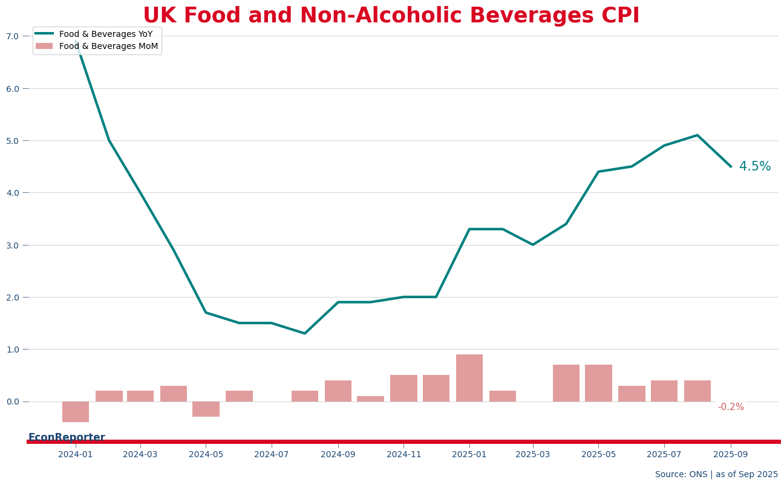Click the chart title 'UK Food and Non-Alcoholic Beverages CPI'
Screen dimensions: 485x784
391,16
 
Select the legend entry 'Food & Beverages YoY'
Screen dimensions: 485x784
106,34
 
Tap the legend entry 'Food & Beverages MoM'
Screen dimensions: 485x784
108,47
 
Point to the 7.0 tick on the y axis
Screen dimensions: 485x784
13,36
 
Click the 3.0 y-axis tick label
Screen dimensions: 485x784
13,246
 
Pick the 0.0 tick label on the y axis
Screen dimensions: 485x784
13,402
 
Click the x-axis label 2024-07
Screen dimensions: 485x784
272,454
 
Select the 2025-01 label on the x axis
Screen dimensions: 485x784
469,454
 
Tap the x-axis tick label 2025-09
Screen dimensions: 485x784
731,454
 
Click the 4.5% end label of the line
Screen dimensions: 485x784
755,167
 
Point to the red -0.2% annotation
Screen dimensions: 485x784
731,408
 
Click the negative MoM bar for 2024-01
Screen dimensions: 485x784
76,412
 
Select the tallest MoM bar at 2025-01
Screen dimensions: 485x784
469,378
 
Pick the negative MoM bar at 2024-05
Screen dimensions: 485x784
206,409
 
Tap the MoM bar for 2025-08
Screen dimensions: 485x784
697,391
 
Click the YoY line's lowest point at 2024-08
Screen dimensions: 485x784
304,333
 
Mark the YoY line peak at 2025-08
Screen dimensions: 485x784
697,135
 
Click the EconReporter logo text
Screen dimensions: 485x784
67,437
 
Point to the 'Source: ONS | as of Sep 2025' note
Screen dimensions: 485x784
716,475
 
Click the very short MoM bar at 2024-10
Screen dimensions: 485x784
370,399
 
